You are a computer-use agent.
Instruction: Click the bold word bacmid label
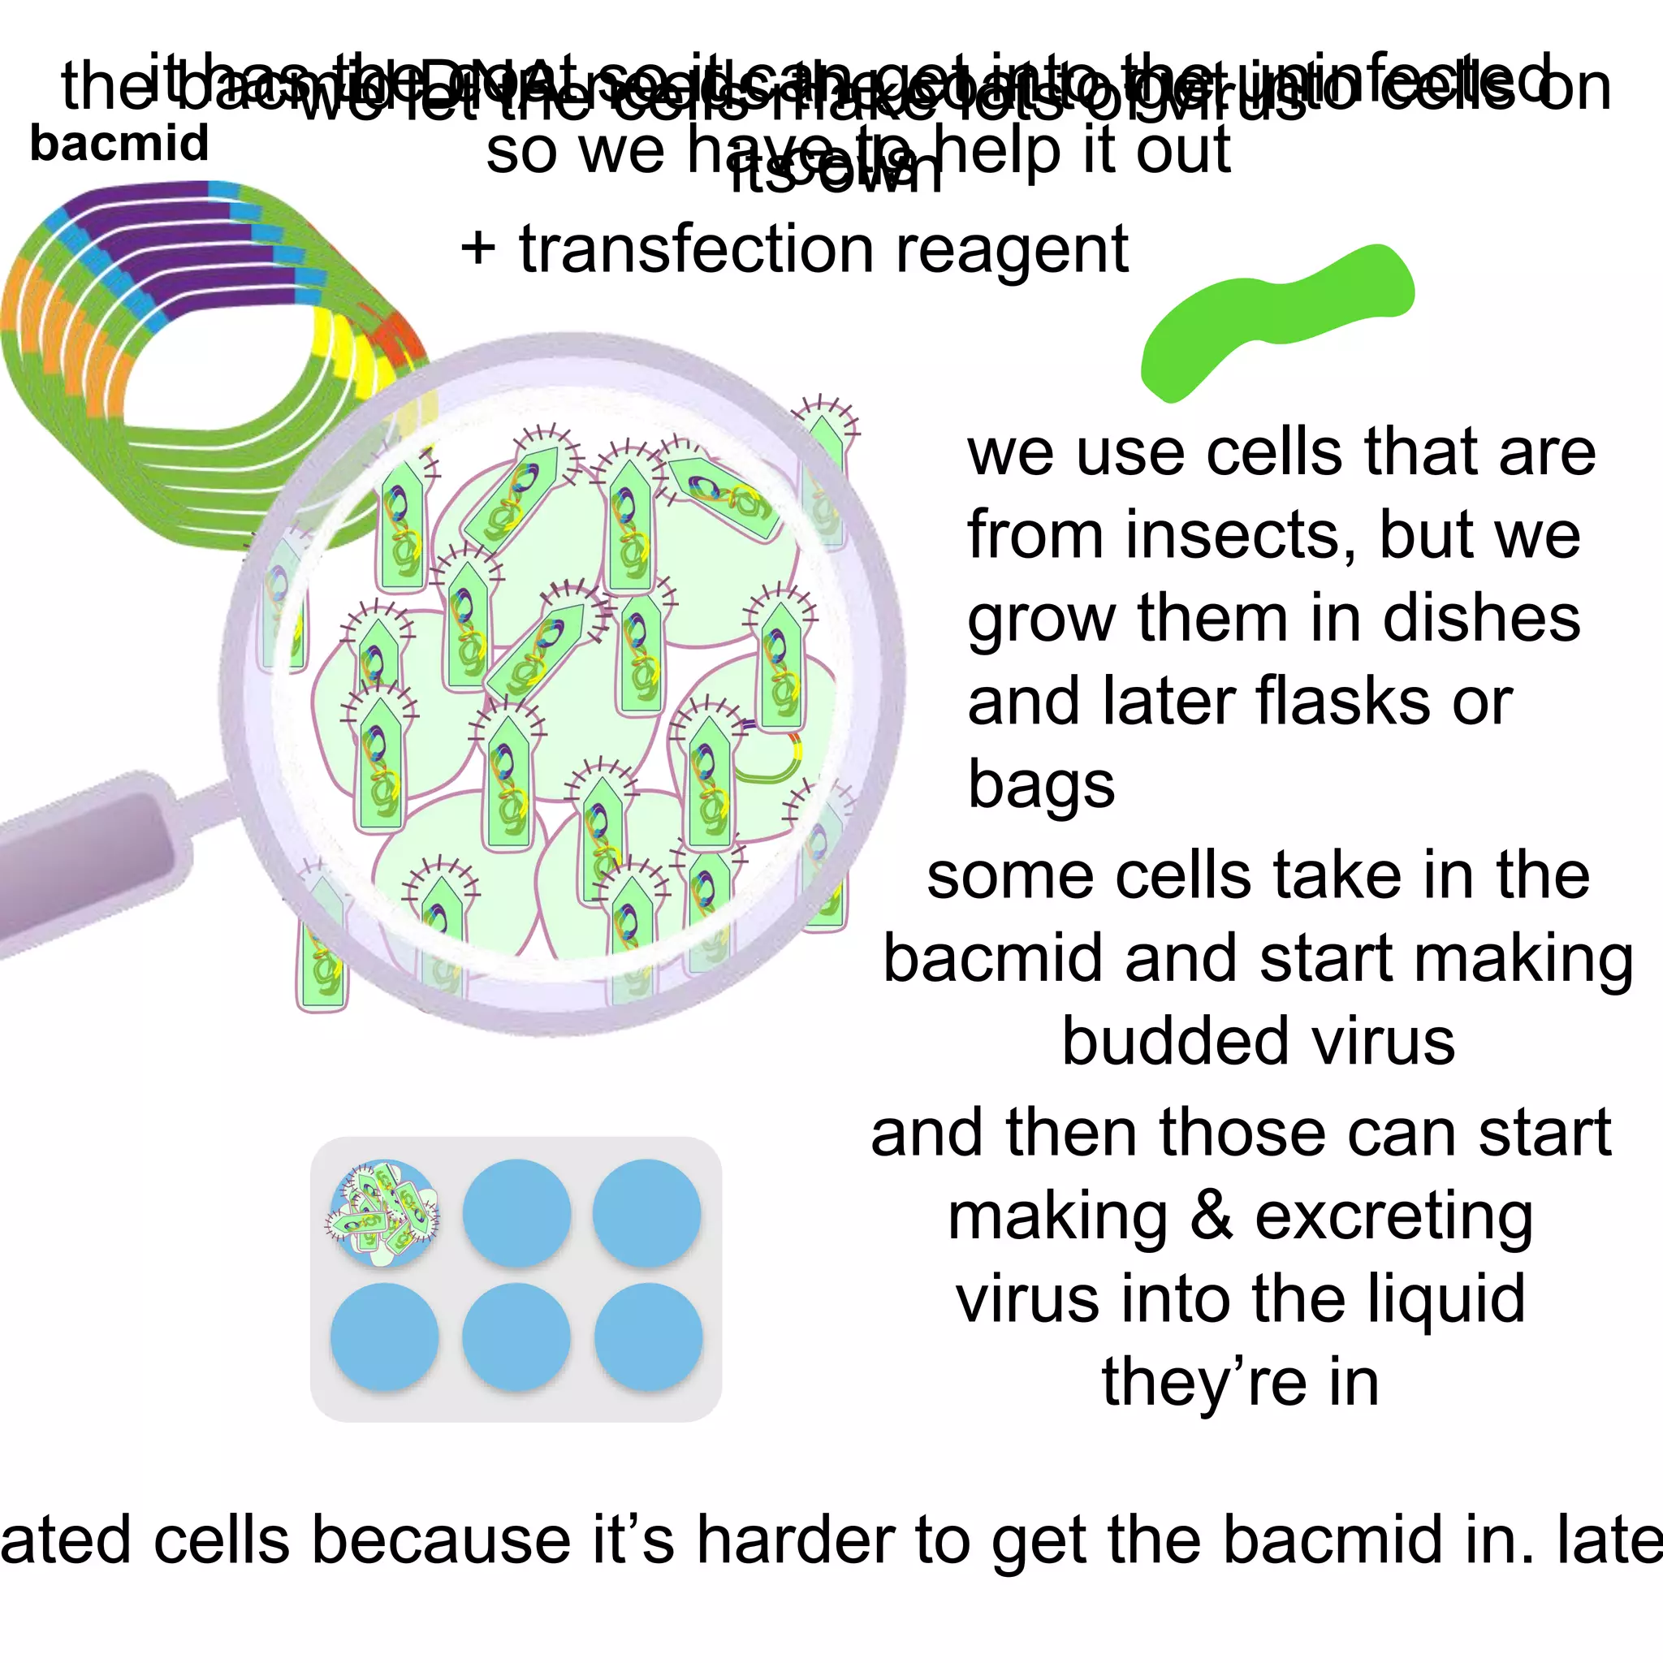tap(119, 143)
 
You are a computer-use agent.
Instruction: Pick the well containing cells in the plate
tap(384, 1213)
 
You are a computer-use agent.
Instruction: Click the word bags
tap(1041, 785)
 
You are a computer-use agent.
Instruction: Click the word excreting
tap(1393, 1216)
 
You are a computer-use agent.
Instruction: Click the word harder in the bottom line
tap(797, 1540)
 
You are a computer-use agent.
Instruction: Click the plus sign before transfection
tap(478, 250)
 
